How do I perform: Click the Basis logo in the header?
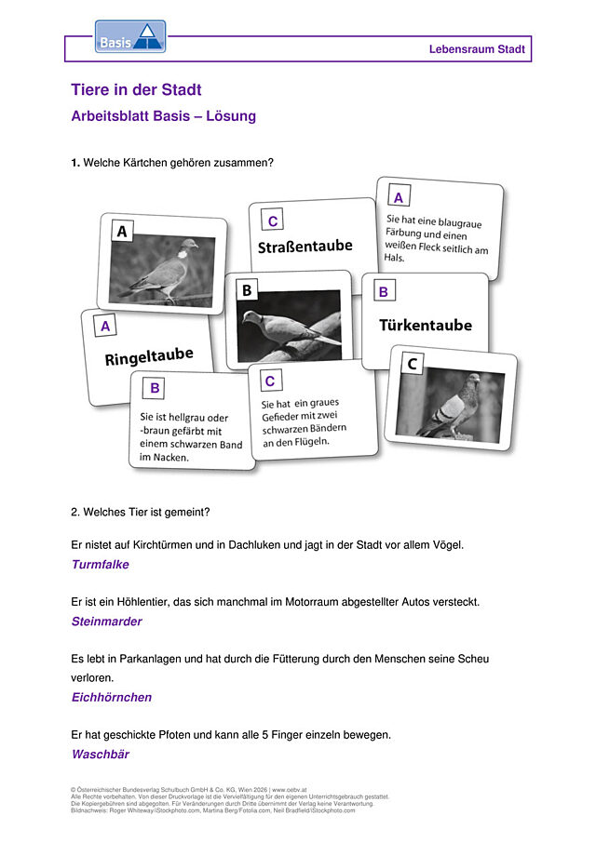(130, 36)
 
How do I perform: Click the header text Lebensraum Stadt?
(477, 49)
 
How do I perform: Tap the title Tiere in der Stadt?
(136, 89)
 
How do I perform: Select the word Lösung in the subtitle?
(231, 116)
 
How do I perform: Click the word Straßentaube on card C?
(305, 247)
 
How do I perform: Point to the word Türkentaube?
(426, 325)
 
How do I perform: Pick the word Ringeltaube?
(149, 356)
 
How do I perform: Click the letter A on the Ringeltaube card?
(105, 326)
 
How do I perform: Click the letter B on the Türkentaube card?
(383, 291)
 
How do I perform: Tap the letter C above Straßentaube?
(273, 221)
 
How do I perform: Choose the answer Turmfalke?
(101, 565)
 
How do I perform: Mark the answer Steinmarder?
(107, 621)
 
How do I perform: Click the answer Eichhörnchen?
(112, 697)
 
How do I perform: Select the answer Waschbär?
(101, 754)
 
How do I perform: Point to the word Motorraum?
(312, 602)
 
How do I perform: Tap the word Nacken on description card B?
(171, 458)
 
